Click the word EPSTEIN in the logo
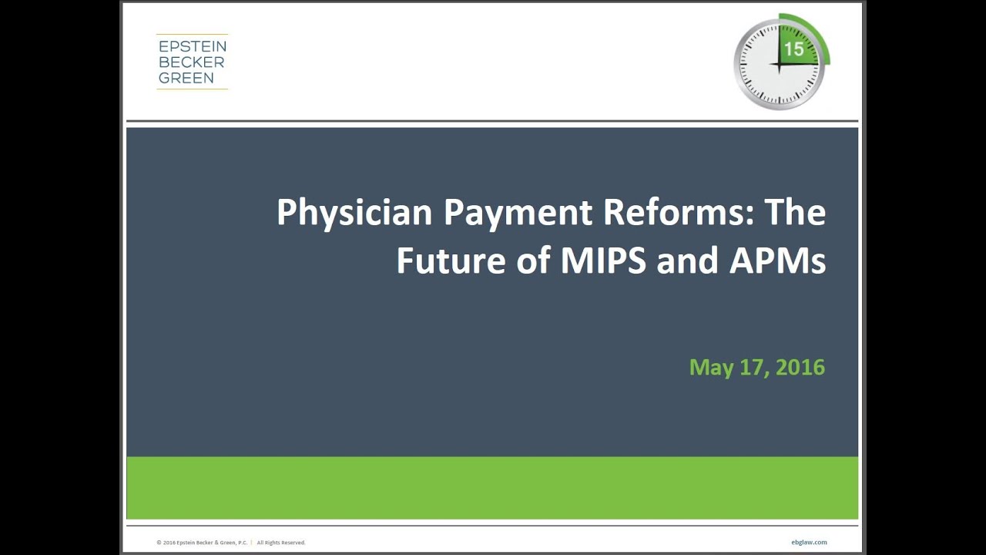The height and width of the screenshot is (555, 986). click(192, 46)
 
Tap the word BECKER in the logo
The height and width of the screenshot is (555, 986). click(186, 62)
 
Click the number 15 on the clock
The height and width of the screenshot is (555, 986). click(793, 49)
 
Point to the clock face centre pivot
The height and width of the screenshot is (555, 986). click(779, 65)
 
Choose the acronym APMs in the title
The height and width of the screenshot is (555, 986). click(776, 261)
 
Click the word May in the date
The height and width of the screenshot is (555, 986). click(711, 368)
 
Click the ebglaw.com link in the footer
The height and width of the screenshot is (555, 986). click(809, 543)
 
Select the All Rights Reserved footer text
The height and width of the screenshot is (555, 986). click(281, 543)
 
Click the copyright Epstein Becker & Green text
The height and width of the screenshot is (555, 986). click(202, 543)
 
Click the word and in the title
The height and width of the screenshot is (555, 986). click(687, 261)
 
